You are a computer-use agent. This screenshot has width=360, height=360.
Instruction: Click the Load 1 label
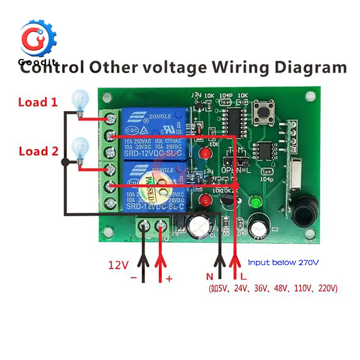click(38, 102)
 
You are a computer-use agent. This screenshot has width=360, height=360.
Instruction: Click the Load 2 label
click(39, 151)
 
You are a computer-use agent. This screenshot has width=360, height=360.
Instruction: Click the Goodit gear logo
click(37, 39)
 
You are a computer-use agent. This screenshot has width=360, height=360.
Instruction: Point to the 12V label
click(118, 265)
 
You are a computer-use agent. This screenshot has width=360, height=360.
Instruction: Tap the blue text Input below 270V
click(283, 263)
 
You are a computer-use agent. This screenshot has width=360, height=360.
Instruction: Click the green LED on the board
click(255, 202)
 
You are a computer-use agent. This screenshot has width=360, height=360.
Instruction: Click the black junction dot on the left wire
click(65, 162)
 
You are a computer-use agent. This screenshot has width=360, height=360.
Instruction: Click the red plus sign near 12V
click(169, 278)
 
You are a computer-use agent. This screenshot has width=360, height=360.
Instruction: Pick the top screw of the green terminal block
click(112, 117)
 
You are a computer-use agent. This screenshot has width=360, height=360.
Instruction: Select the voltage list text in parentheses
click(273, 288)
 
